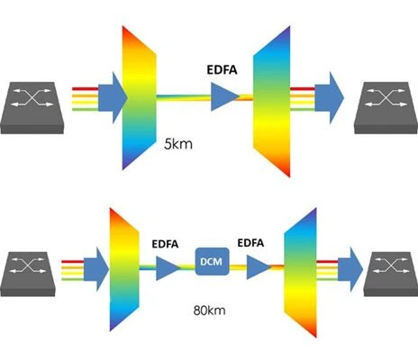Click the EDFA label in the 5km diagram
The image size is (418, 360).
click(x=222, y=69)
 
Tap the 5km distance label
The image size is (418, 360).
click(x=178, y=145)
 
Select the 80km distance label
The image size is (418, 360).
click(x=209, y=310)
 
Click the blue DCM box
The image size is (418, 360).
click(x=212, y=261)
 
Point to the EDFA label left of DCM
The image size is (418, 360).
click(x=165, y=244)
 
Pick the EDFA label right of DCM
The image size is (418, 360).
click(x=250, y=243)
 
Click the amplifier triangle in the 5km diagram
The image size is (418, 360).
click(x=224, y=96)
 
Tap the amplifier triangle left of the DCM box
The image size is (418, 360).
click(x=167, y=268)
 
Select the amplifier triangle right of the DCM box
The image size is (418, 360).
click(x=258, y=267)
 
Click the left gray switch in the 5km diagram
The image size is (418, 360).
click(x=32, y=108)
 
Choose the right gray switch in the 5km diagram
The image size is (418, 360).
click(x=386, y=108)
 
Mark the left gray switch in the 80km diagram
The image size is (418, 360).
click(x=28, y=274)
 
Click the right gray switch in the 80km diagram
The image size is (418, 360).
click(x=391, y=274)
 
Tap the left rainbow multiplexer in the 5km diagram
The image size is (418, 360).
click(x=139, y=98)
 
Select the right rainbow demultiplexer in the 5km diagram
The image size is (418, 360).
click(x=272, y=102)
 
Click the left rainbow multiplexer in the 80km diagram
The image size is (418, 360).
click(x=124, y=269)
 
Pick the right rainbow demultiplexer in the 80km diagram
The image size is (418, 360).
click(x=300, y=273)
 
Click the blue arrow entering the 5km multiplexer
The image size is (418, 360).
click(x=113, y=98)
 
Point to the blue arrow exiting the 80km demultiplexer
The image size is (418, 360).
click(x=350, y=269)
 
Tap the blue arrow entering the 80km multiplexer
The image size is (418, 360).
click(x=96, y=269)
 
